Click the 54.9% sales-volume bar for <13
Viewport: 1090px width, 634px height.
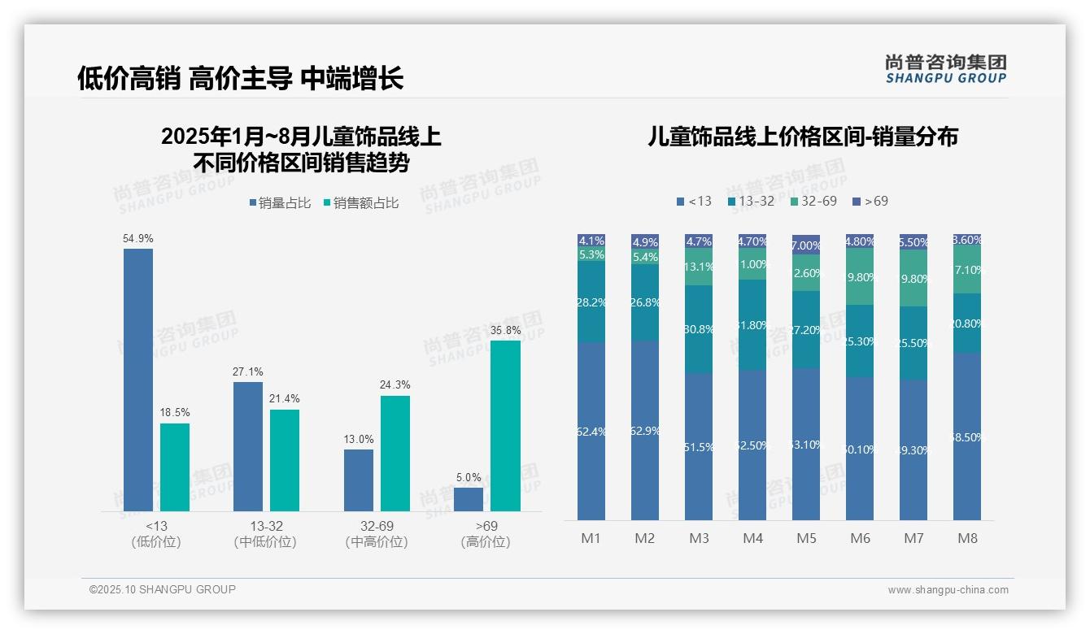pyautogui.click(x=138, y=380)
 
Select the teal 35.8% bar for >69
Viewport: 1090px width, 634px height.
pyautogui.click(x=505, y=425)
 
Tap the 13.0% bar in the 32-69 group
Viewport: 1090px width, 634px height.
pyautogui.click(x=358, y=480)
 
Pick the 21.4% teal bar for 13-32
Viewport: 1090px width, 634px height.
pyautogui.click(x=285, y=460)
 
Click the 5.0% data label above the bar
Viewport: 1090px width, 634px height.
pyautogui.click(x=469, y=477)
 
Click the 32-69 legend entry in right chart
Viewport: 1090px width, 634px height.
pyautogui.click(x=813, y=201)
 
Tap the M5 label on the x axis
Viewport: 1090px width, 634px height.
pyautogui.click(x=806, y=538)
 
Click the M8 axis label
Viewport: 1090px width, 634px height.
pyautogui.click(x=967, y=538)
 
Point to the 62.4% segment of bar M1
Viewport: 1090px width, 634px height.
pyautogui.click(x=591, y=431)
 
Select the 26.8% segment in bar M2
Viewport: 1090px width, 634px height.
pyautogui.click(x=645, y=302)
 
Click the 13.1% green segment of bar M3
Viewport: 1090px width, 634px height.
pyautogui.click(x=699, y=267)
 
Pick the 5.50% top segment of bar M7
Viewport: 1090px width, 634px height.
pyautogui.click(x=913, y=242)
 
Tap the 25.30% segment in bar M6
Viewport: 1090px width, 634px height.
pyautogui.click(x=860, y=341)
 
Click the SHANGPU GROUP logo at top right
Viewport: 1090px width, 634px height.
pyautogui.click(x=945, y=69)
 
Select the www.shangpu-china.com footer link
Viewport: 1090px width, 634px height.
pyautogui.click(x=948, y=590)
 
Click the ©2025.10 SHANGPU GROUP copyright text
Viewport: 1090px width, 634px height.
pyautogui.click(x=163, y=589)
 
